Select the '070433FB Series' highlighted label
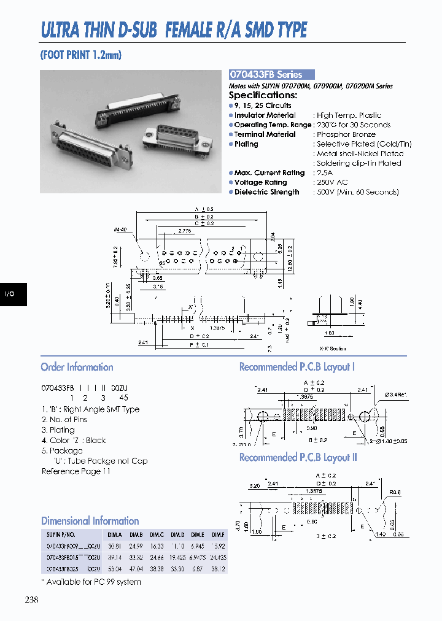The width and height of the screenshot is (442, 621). [265, 74]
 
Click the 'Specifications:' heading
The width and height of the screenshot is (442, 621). [263, 95]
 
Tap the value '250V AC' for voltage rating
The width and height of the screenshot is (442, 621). [331, 182]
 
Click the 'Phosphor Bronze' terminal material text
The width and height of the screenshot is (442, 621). [346, 134]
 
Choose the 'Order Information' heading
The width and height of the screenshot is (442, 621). [77, 367]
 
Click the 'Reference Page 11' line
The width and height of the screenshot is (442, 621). [76, 471]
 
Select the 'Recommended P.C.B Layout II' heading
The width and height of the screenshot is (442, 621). [298, 457]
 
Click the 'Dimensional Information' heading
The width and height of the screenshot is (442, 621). [90, 520]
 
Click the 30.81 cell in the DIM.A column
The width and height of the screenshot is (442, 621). [114, 546]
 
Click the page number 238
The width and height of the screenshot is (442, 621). [31, 600]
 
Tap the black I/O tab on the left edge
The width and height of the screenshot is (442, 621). [10, 295]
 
